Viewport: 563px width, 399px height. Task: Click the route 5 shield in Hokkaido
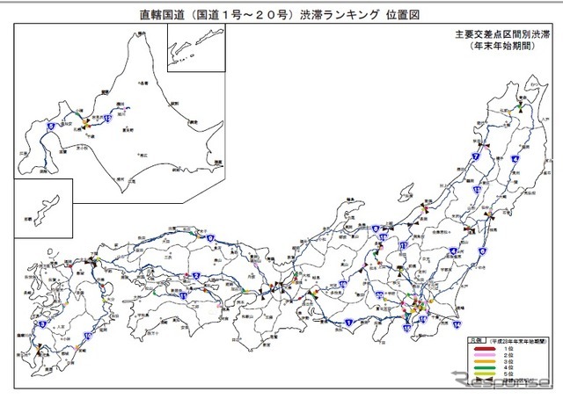[51, 127]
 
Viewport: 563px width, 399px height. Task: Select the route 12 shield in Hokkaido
[106, 117]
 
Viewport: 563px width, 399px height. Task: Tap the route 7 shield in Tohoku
[475, 156]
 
